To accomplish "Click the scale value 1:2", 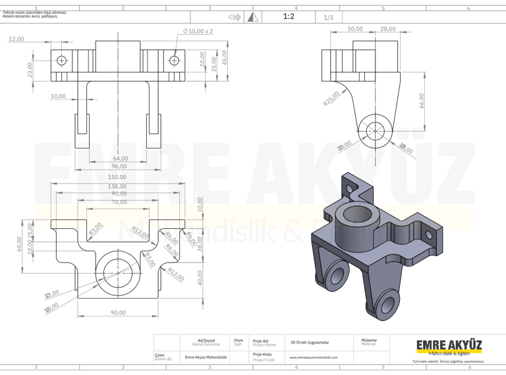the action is pos(288,16).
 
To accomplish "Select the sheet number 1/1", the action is pos(329,17).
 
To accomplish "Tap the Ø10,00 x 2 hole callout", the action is pos(198,32).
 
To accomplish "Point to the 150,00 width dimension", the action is pos(117,177).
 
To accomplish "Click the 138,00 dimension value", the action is pos(117,186).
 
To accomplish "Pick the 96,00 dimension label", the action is pos(119,166).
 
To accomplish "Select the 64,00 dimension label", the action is pos(120,158).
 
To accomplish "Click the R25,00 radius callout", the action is pos(331,99).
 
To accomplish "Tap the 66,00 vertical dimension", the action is pos(422,101).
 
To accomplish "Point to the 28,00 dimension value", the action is pos(388,29).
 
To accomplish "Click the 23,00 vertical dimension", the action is pos(30,68).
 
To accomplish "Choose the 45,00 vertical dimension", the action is pos(225,58).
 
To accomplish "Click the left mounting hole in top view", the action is pos(61,61).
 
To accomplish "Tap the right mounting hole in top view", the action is pos(174,61).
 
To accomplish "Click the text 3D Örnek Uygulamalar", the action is pos(310,342).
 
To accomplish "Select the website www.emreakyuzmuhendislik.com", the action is pos(314,357).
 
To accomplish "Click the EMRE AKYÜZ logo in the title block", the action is pos(449,345).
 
